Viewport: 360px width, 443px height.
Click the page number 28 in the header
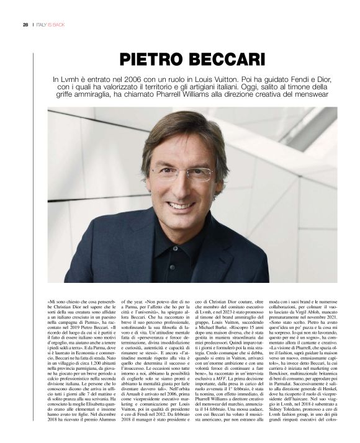click(x=25, y=24)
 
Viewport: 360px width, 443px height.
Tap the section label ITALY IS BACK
click(x=51, y=24)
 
